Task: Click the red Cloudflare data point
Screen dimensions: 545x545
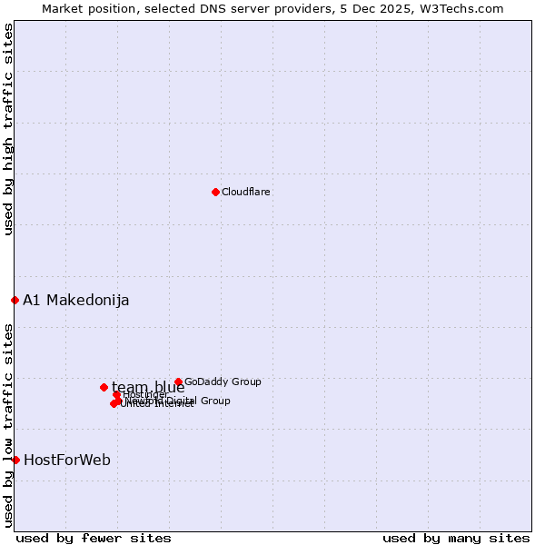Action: [215, 192]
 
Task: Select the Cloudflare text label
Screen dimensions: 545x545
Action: [246, 192]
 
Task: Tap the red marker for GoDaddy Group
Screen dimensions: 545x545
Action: [178, 382]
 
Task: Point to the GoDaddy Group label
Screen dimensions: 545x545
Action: [223, 382]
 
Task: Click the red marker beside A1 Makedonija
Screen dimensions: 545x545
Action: [15, 300]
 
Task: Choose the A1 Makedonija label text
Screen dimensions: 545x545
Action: [76, 301]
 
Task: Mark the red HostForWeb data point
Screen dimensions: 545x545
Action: [15, 460]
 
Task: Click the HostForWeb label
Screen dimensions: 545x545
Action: [67, 461]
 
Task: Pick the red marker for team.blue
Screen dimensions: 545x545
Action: [104, 387]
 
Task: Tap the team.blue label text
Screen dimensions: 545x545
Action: [148, 388]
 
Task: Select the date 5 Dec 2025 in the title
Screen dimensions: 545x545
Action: [373, 8]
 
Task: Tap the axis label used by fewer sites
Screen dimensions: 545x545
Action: [94, 538]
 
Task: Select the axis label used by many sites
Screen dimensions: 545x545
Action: [456, 538]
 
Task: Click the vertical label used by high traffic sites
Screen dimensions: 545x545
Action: [8, 129]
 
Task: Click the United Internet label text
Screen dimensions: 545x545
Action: [158, 404]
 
